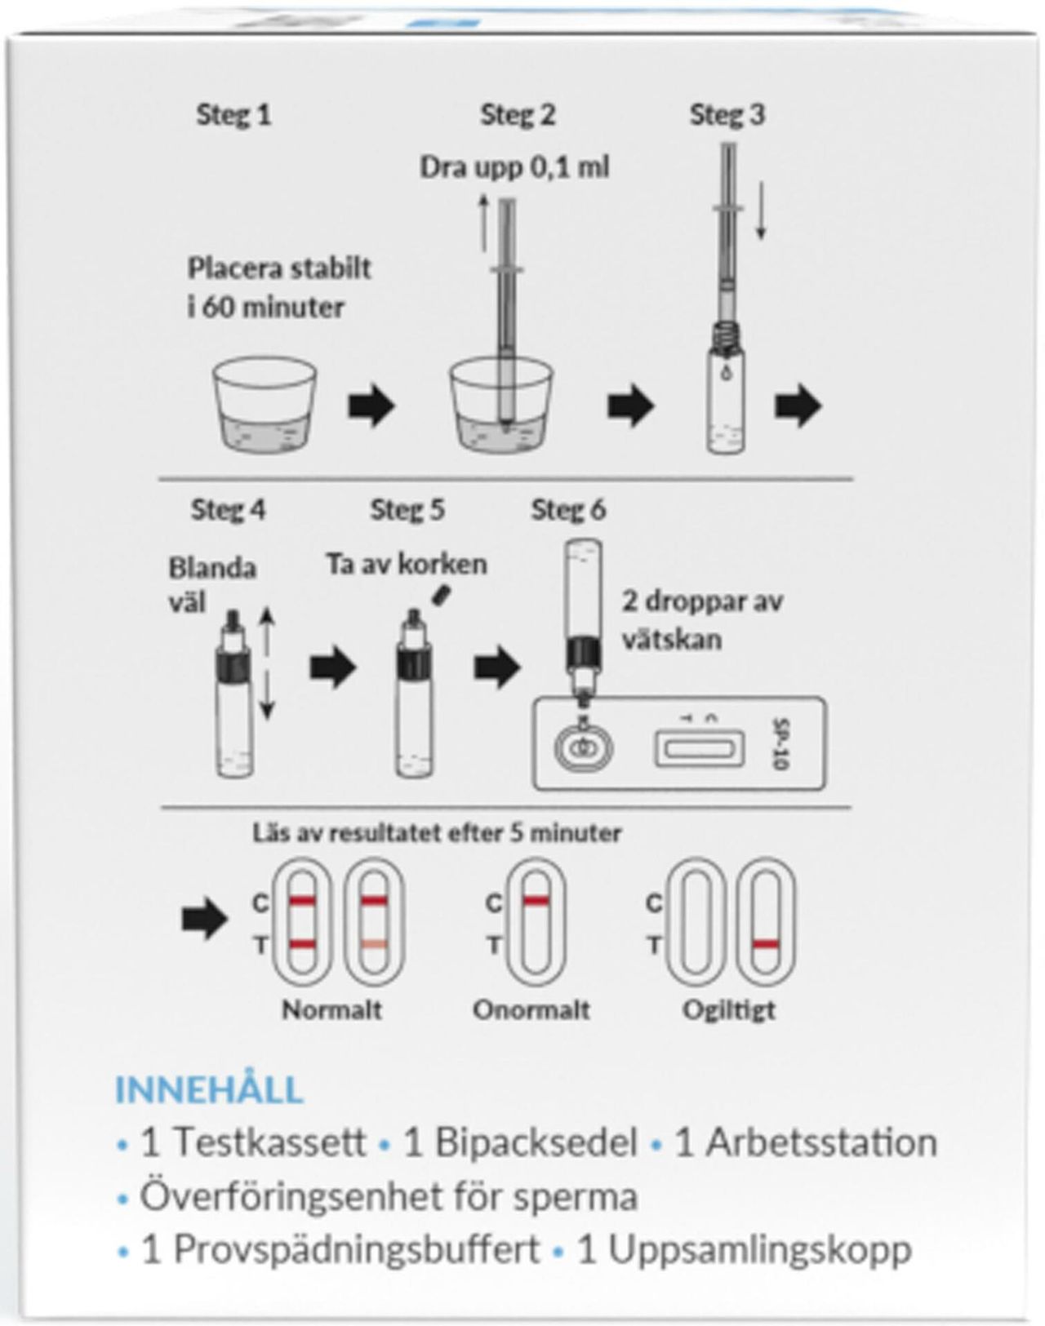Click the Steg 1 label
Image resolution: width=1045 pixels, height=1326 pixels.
pyautogui.click(x=233, y=115)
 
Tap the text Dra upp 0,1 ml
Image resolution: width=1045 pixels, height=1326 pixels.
pyautogui.click(x=514, y=167)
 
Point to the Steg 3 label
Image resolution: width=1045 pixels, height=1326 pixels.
pyautogui.click(x=727, y=115)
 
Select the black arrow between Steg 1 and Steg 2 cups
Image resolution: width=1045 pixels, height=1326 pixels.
pyautogui.click(x=371, y=406)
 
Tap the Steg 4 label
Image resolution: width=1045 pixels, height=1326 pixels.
pyautogui.click(x=228, y=510)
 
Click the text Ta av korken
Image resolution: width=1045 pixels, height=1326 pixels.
pyautogui.click(x=407, y=564)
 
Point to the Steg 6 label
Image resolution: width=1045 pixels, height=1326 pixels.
pyautogui.click(x=568, y=510)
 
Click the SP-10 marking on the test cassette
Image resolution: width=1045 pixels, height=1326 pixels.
pyautogui.click(x=780, y=743)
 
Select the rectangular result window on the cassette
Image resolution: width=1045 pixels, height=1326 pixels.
pyautogui.click(x=699, y=747)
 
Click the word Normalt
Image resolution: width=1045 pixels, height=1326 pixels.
pyautogui.click(x=331, y=1009)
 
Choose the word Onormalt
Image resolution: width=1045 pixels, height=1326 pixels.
pyautogui.click(x=531, y=1009)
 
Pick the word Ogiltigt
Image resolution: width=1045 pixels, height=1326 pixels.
pyautogui.click(x=729, y=1009)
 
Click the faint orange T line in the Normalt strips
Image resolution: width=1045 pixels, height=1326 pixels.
pyautogui.click(x=374, y=944)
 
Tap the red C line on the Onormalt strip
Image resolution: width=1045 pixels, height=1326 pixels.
pyautogui.click(x=536, y=901)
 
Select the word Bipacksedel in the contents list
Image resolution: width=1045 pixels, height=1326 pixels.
pyautogui.click(x=536, y=1142)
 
